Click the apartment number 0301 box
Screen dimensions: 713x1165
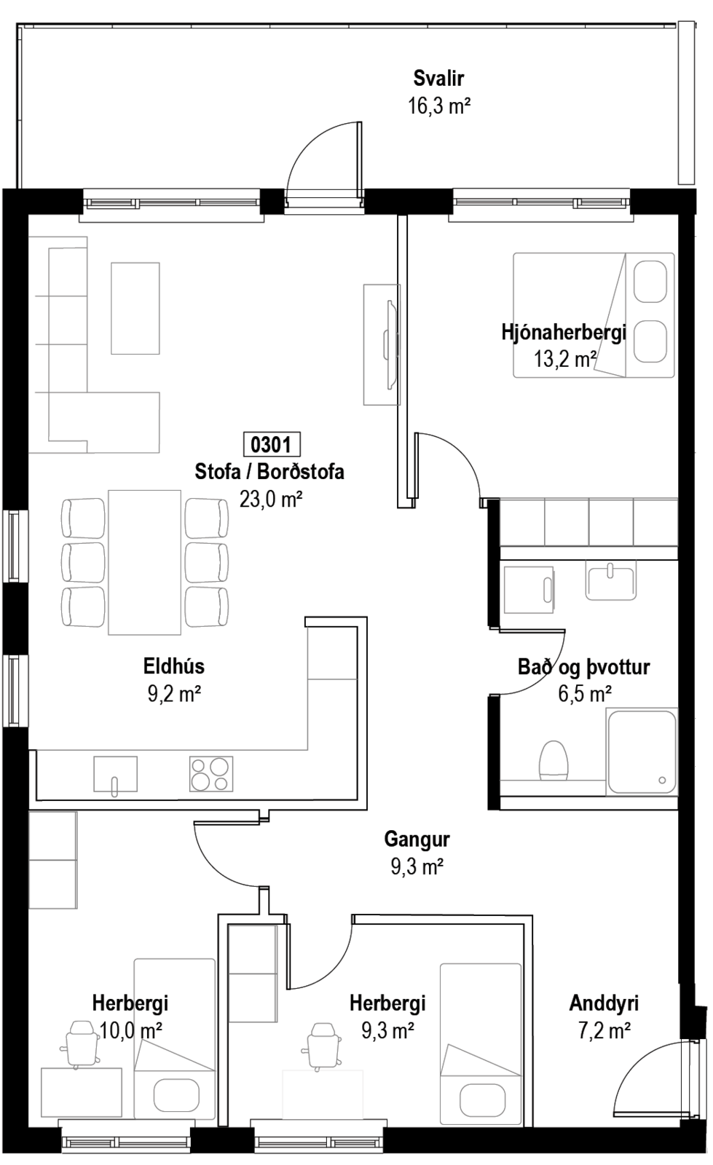coord(272,445)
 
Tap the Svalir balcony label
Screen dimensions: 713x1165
coord(438,79)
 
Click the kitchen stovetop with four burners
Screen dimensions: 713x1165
coord(211,774)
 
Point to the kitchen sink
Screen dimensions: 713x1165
coord(116,775)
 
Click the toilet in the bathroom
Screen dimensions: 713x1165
coord(553,760)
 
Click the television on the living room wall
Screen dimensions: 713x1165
coord(390,344)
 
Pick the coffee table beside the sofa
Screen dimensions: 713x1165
coord(135,309)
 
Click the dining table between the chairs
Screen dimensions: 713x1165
coord(145,562)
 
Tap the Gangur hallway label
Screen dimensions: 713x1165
coord(417,839)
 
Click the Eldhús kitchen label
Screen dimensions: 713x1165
coord(174,666)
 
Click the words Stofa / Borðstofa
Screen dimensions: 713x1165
coord(269,472)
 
